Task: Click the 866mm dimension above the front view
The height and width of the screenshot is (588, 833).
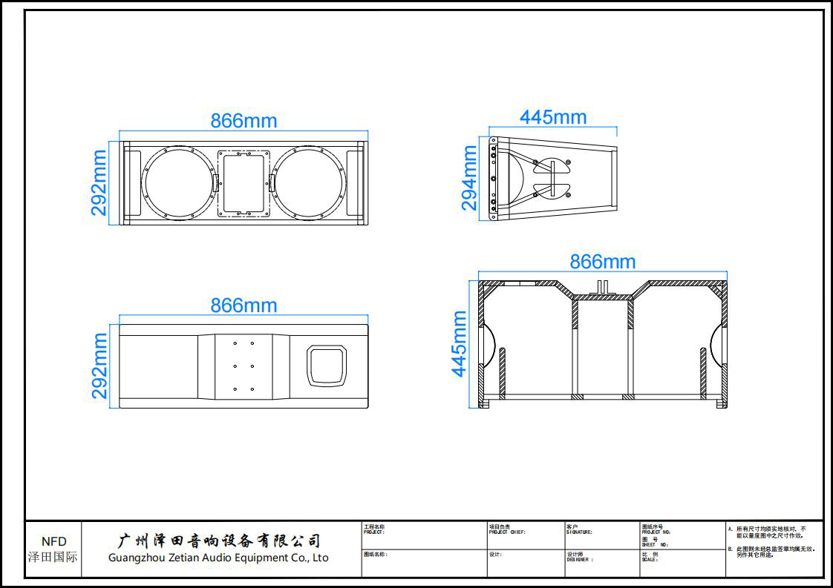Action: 244,121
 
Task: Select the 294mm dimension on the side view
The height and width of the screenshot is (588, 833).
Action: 469,178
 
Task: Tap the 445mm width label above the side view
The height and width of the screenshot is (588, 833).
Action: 553,117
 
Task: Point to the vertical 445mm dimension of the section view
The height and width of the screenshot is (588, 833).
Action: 460,343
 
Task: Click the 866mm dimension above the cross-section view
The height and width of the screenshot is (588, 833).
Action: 603,262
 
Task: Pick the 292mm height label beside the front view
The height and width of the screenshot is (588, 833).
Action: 99,183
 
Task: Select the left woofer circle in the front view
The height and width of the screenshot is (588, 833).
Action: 177,183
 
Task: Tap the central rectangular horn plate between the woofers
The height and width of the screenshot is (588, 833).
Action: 244,183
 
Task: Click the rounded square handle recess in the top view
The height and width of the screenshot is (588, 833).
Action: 327,366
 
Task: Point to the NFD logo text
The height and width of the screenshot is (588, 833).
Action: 53,542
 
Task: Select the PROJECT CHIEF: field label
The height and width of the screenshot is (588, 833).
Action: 507,532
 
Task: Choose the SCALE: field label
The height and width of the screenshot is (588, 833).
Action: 650,560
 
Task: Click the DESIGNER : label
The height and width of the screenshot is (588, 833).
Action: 580,560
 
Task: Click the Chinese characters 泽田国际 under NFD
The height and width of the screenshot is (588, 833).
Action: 53,557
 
